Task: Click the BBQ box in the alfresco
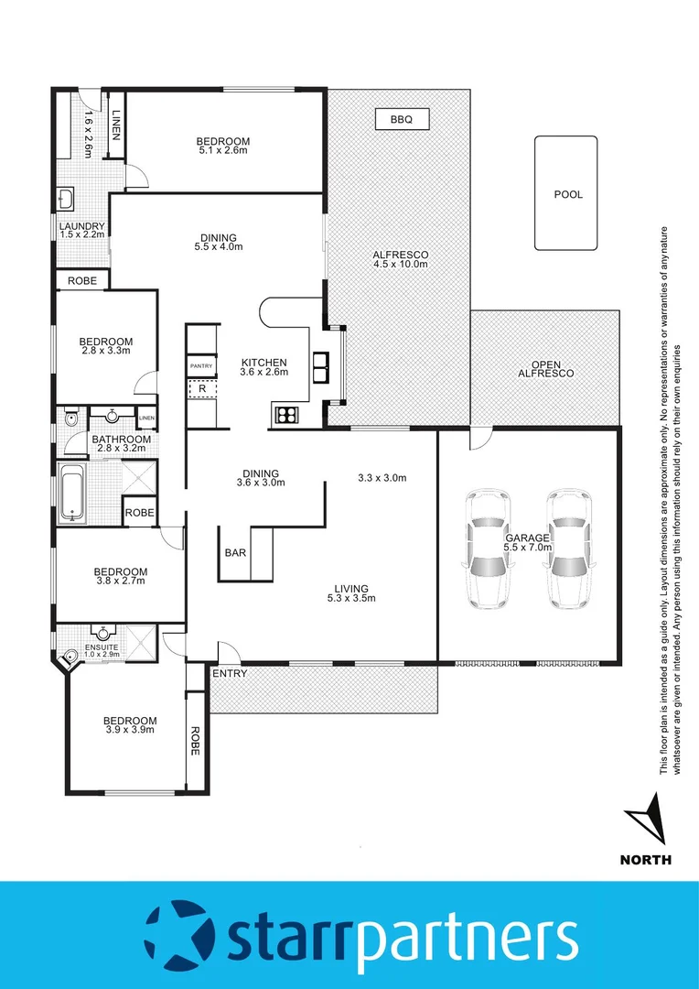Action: (x=402, y=119)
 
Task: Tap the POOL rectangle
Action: (x=567, y=194)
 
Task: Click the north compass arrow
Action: (x=649, y=822)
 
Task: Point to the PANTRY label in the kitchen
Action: (x=201, y=366)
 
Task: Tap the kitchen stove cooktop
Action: (x=286, y=415)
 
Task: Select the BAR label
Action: (x=233, y=553)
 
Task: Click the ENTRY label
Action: (x=229, y=674)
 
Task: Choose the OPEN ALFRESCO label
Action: (x=545, y=367)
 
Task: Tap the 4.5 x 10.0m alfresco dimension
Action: (x=400, y=264)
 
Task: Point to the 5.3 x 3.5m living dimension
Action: (x=351, y=599)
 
